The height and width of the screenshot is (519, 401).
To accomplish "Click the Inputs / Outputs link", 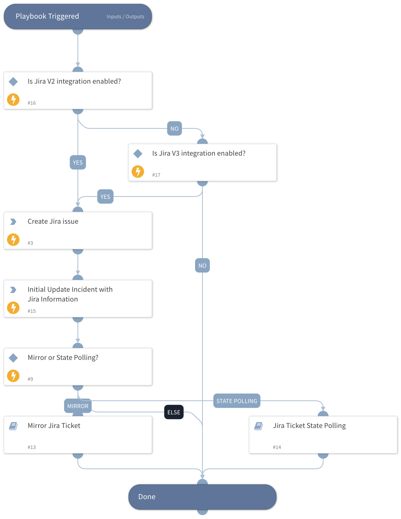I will point(125,17).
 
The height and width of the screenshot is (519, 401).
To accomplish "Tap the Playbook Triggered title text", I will point(47,16).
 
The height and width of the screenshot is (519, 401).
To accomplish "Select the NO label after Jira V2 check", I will point(174,129).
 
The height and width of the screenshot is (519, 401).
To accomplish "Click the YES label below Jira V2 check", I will point(78,163).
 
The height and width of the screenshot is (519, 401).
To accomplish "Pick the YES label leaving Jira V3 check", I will point(105,197).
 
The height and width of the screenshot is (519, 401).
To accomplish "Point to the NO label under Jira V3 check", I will point(202,266).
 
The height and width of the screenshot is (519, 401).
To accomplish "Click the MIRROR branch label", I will point(78,406).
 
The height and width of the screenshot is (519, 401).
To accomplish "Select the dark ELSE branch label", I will point(174,412).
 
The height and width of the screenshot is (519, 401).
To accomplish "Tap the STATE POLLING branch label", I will point(237,401).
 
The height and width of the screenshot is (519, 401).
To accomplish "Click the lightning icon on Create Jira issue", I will point(13,240).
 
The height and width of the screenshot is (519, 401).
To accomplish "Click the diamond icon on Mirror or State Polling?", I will point(13,358).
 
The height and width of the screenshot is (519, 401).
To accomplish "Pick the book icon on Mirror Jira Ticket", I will point(13,426).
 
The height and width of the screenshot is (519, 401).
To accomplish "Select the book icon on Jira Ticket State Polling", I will point(259,426).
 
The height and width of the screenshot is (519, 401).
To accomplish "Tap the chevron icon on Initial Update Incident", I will point(13,290).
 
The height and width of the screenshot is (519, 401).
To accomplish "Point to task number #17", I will point(156,175).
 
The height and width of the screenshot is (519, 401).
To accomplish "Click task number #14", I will point(277,447).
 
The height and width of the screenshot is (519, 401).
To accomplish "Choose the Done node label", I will point(147,497).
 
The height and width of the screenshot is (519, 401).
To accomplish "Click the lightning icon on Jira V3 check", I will point(138,172).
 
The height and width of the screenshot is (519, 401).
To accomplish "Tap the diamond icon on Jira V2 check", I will point(13,82).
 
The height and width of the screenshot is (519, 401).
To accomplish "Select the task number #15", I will point(32,311).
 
